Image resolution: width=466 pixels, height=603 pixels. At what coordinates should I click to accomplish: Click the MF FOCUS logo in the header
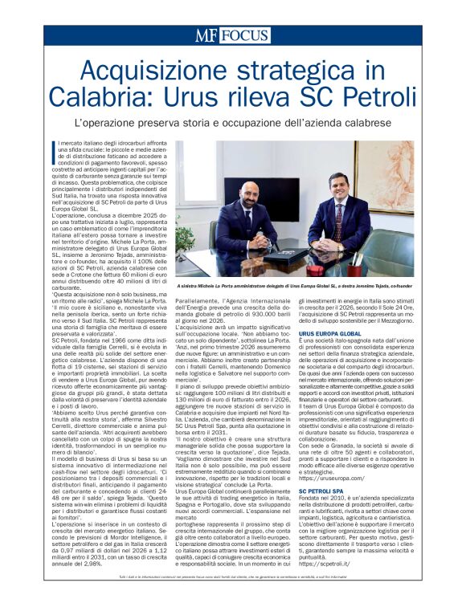[x=232, y=35]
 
